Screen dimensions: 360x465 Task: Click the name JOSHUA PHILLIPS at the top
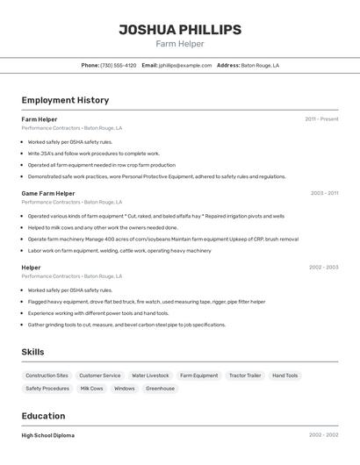(180, 30)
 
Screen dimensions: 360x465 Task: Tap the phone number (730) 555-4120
(119, 65)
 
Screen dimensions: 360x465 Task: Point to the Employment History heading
(65, 100)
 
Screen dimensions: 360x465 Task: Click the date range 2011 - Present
(321, 119)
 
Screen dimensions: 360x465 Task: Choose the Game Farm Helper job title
(48, 193)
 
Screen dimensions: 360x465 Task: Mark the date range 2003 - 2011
(324, 193)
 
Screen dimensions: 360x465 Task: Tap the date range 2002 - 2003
(323, 268)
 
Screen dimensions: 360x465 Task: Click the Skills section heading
(33, 352)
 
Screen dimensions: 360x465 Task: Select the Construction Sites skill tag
(47, 376)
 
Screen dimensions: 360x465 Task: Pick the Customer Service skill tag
(99, 376)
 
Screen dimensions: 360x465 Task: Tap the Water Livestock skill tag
(150, 376)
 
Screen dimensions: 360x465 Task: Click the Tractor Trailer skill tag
(245, 376)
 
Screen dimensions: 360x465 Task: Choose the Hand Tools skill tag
(285, 376)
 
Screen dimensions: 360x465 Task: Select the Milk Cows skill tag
(91, 389)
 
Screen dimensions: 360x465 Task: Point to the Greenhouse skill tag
(160, 389)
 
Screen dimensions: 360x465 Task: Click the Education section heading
(43, 416)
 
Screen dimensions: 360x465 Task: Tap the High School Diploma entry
(48, 435)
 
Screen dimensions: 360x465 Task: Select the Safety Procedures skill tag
(47, 389)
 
